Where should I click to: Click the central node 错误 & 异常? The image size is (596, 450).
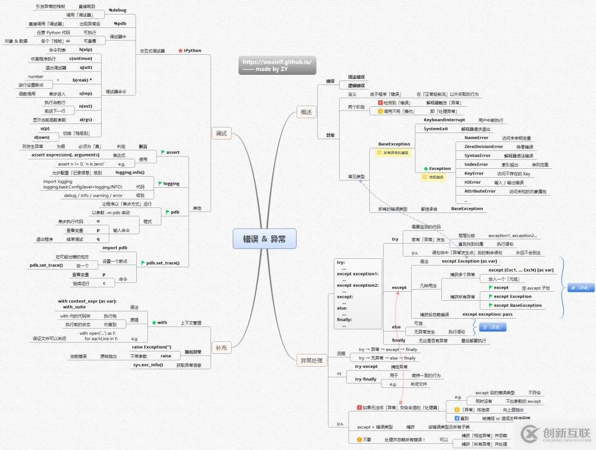(264, 239)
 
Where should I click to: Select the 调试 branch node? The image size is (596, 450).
(222, 133)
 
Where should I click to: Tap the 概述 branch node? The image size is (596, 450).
(306, 112)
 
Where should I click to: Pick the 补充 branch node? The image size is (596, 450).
(222, 348)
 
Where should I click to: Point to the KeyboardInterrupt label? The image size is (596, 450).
(444, 120)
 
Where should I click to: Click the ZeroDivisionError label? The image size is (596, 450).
(483, 146)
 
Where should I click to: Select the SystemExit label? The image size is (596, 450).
(436, 129)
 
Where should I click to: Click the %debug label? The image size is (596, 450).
(118, 10)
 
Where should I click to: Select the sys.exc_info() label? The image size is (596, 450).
(148, 365)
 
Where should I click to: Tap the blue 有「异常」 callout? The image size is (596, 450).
(580, 288)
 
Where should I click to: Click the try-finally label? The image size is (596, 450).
(366, 379)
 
